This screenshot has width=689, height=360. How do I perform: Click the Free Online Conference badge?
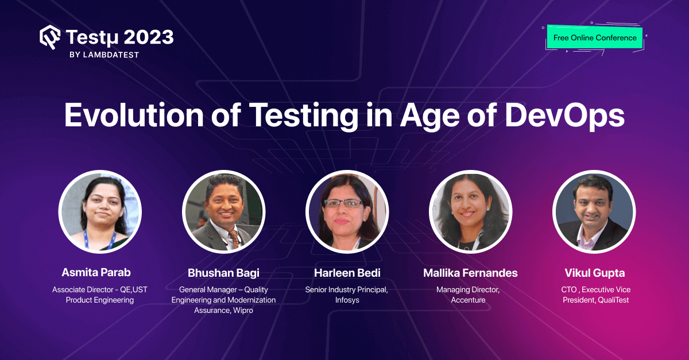coord(595,38)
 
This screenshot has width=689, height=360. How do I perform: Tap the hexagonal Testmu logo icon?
coord(50,37)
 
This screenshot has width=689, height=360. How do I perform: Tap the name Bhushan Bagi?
coord(223,273)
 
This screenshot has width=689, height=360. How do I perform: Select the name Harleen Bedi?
coord(347,273)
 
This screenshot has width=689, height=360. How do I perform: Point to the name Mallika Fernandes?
coord(469,273)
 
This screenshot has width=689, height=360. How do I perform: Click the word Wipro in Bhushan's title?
coord(243,311)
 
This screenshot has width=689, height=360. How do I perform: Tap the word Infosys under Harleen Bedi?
coord(346,300)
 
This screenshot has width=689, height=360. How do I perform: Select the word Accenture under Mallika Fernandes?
coord(468,300)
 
